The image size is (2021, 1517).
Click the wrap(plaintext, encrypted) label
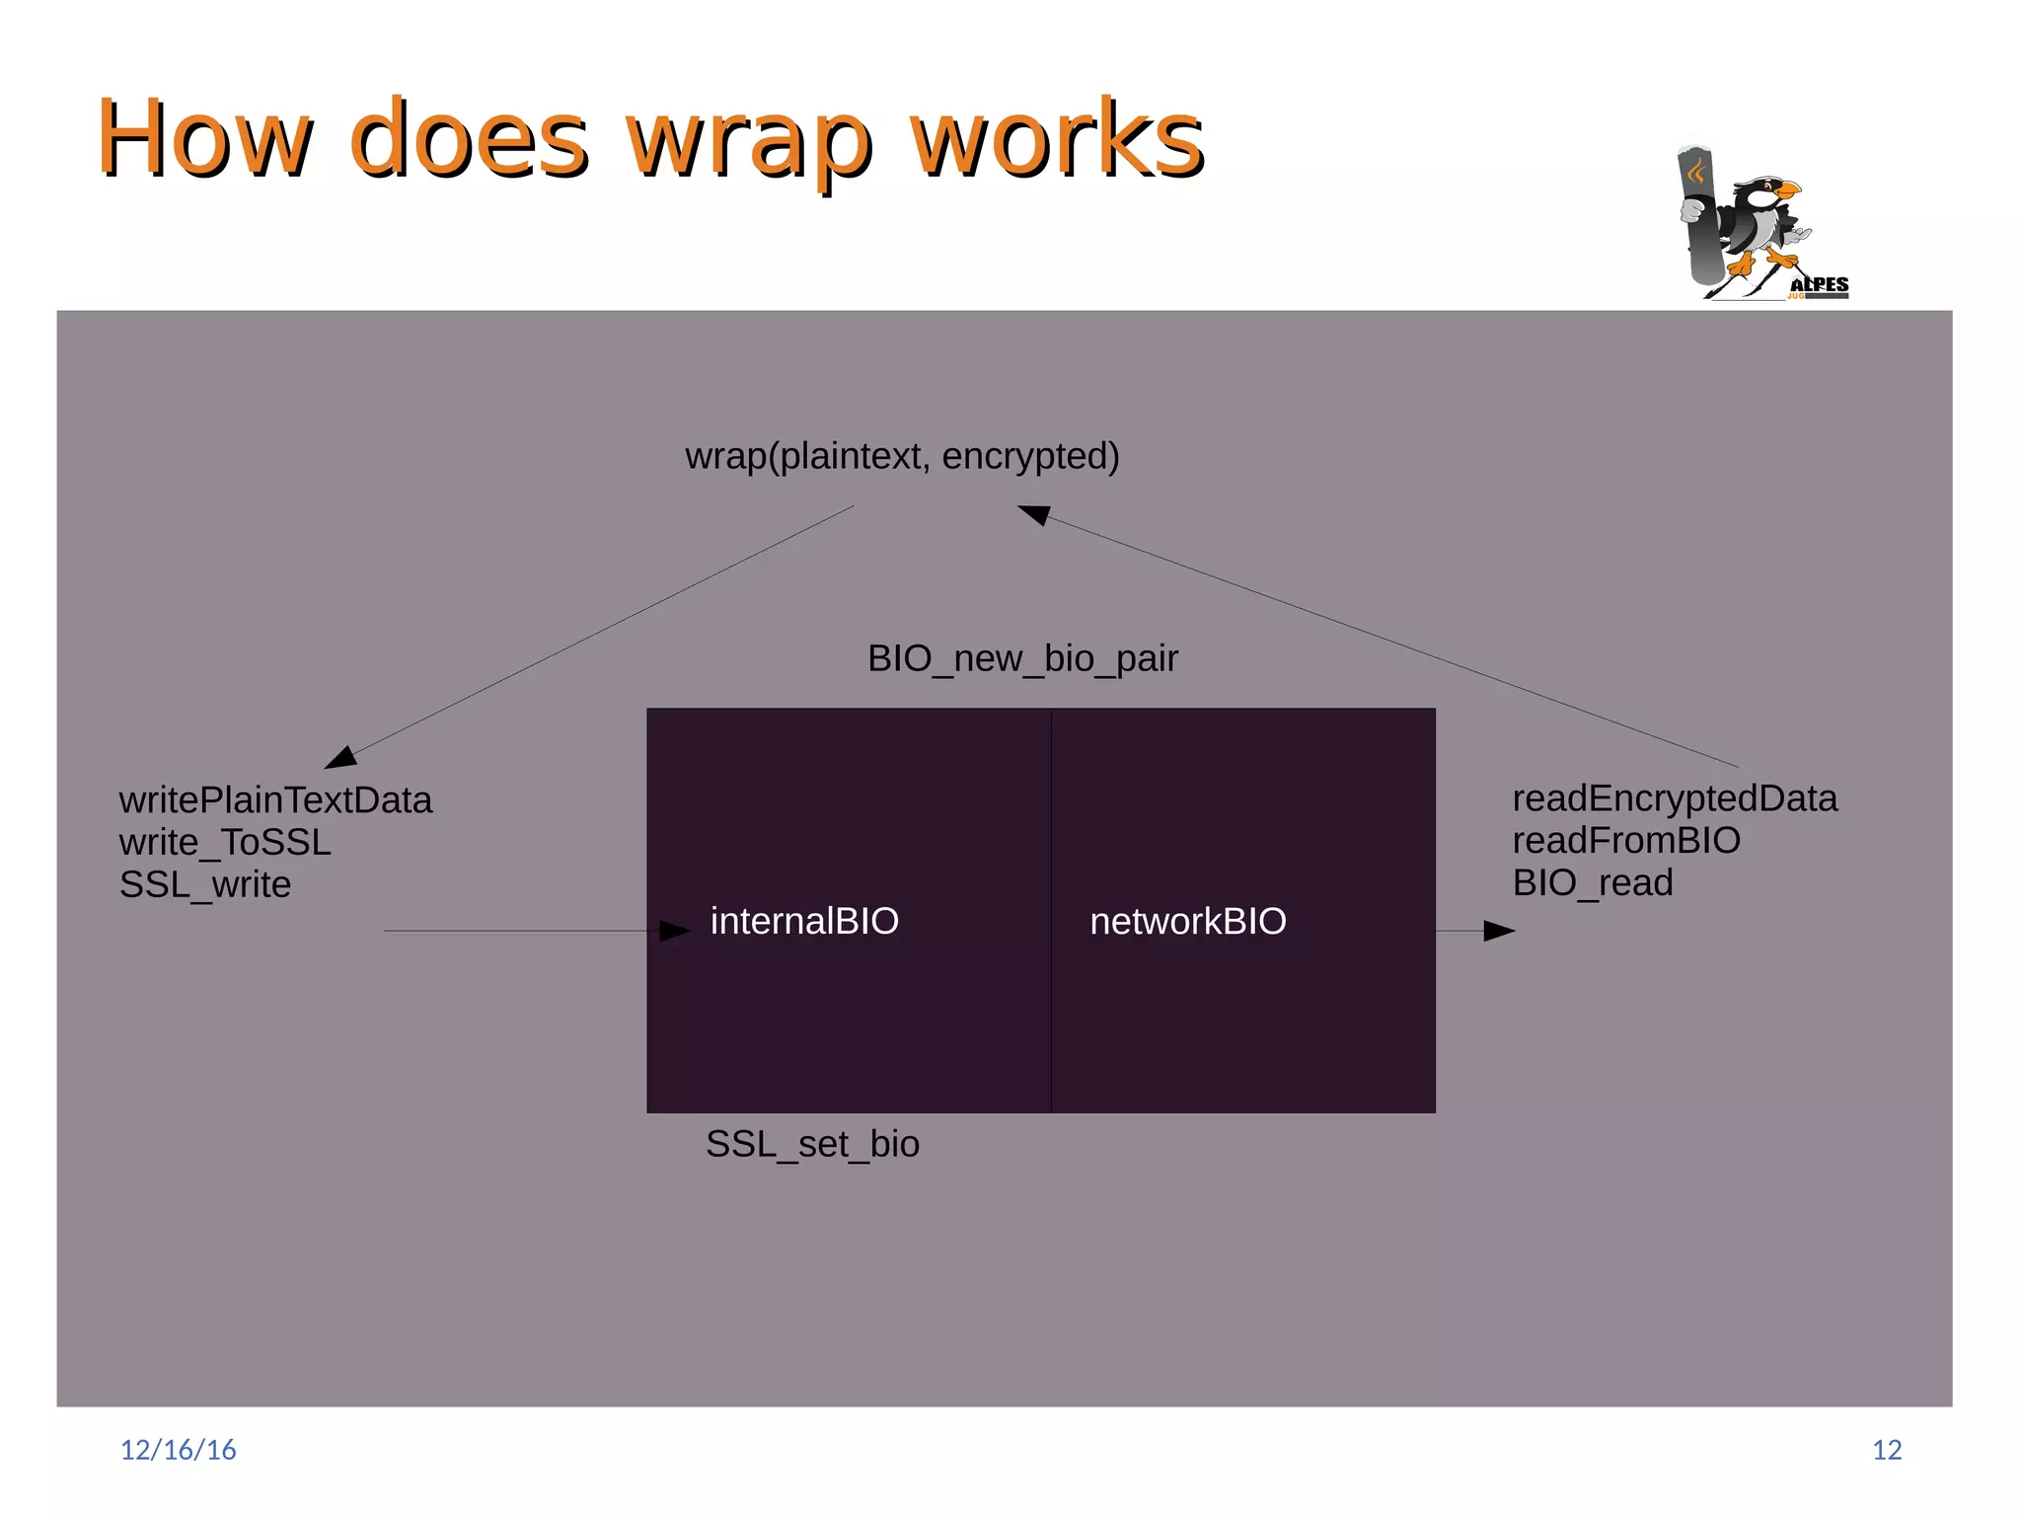902,456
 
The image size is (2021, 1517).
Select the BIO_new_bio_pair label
1022,658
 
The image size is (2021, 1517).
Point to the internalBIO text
804,921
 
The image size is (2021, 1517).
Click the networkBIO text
1187,921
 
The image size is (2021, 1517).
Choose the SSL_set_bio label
812,1144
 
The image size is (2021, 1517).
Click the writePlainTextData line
275,799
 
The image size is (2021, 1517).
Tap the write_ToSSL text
225,842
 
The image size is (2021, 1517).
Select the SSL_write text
205,884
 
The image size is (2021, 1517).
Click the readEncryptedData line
1675,797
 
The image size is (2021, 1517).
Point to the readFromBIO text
1626,840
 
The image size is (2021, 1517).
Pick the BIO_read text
1593,882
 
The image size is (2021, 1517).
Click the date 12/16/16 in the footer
178,1449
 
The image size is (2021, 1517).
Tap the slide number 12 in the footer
1887,1449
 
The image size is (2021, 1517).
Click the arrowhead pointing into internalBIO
675,931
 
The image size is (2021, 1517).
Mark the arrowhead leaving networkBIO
1499,931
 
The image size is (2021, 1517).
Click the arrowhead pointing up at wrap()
1033,513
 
